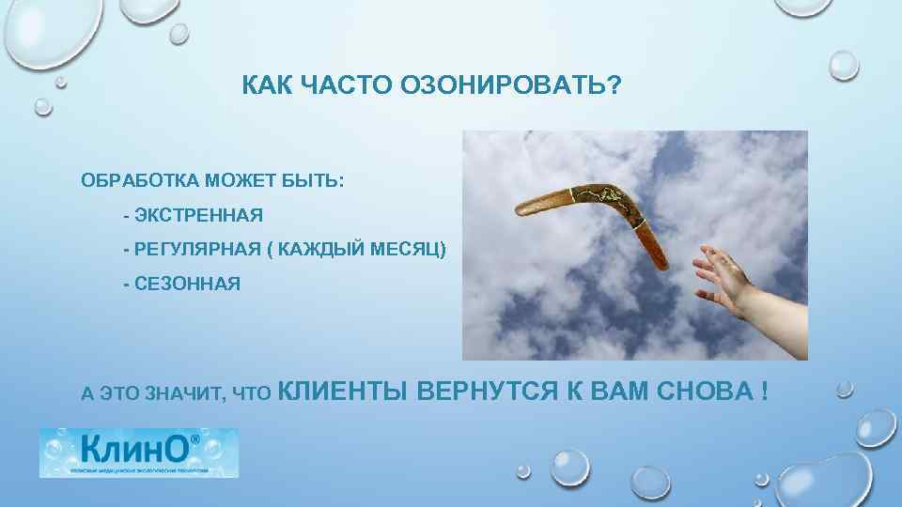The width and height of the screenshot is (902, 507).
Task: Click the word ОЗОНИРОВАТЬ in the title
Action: pyautogui.click(x=505, y=86)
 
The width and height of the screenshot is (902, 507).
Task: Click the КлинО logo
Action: pyautogui.click(x=138, y=453)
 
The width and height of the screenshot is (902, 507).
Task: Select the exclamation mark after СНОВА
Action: pyautogui.click(x=762, y=391)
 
